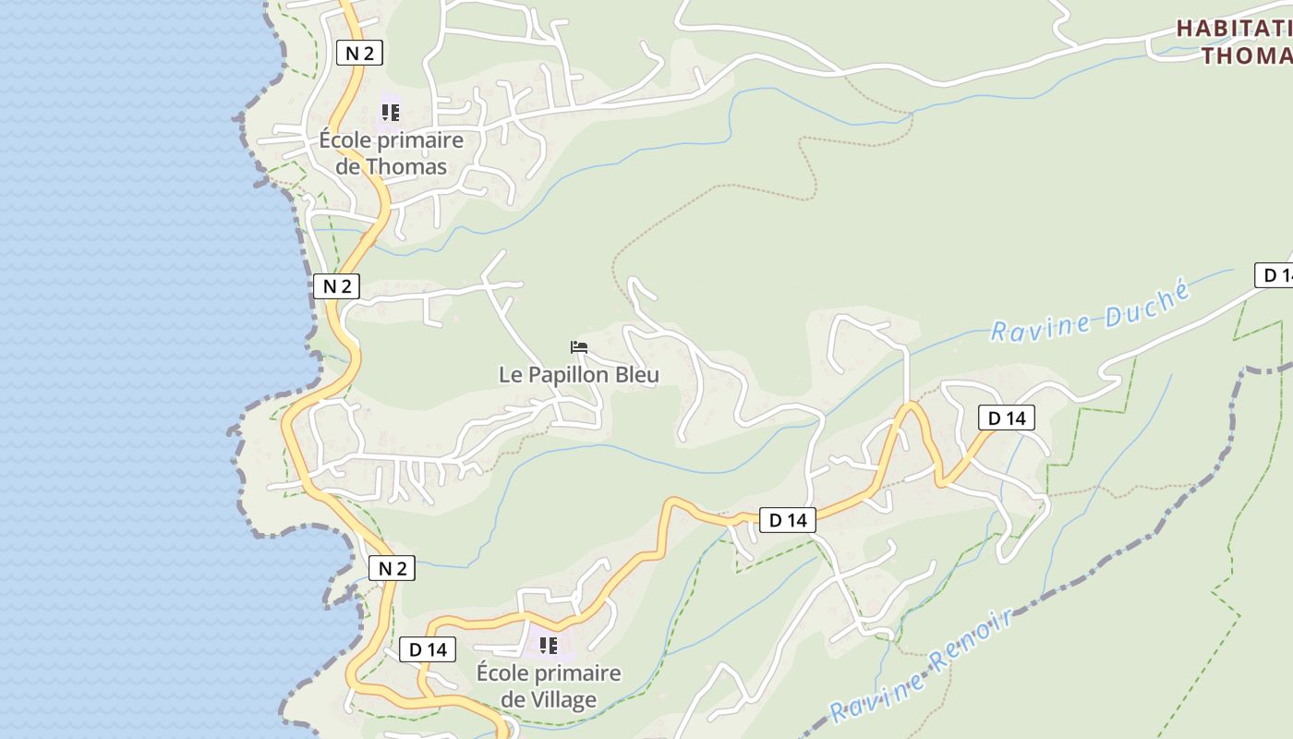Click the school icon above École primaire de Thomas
[x=391, y=113]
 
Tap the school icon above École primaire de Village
[x=549, y=645]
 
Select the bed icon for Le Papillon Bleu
[x=579, y=347]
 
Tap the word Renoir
[x=973, y=644]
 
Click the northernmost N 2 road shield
[x=359, y=54]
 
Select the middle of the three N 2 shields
[x=336, y=286]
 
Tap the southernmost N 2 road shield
[x=393, y=568]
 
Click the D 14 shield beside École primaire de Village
[x=428, y=649]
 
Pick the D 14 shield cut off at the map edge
[x=1275, y=275]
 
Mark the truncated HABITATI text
[x=1234, y=29]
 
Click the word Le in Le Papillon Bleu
[x=510, y=375]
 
